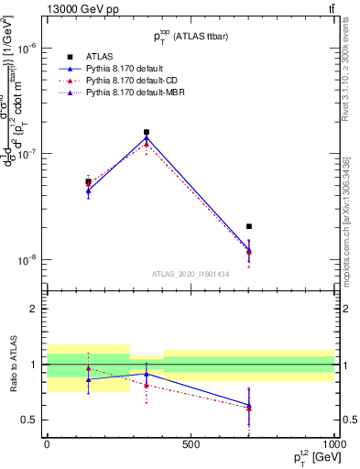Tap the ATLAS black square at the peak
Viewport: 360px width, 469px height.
147,132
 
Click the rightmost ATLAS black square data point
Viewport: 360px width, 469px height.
249,226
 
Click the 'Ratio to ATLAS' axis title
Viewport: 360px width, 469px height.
13,365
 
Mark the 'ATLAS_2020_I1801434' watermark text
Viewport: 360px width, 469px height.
191,274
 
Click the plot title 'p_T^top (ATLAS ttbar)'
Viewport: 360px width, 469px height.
191,37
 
